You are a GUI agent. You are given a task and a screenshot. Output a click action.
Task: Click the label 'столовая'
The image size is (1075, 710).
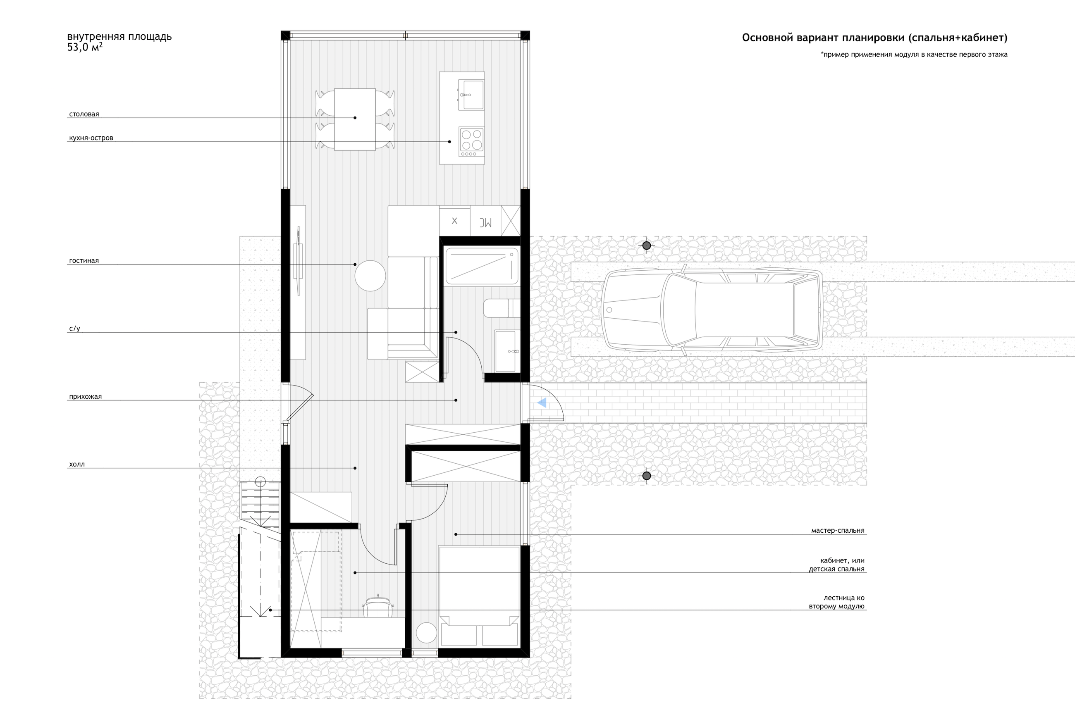(84, 114)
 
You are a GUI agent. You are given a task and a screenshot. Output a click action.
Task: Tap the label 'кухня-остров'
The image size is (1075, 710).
(91, 138)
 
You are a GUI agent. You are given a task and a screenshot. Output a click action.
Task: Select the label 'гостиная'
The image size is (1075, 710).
(84, 261)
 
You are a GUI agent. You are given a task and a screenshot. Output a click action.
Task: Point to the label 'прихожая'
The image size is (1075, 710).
(85, 397)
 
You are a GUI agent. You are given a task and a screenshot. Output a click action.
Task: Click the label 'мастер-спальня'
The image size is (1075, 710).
(838, 531)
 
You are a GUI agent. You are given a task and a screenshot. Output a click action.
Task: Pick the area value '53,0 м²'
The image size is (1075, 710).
(85, 47)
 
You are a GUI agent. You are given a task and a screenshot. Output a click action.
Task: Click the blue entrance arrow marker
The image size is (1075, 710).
(542, 403)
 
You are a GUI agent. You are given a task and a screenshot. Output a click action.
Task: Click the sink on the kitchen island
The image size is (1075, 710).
(471, 95)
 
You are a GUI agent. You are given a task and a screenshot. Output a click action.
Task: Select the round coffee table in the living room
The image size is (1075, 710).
(370, 276)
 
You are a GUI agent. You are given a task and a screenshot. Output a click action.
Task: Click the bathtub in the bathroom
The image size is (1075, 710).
(482, 266)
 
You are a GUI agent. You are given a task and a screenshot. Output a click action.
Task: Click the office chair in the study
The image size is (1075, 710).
(377, 607)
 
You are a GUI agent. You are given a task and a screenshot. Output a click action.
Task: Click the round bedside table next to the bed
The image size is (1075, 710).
(426, 633)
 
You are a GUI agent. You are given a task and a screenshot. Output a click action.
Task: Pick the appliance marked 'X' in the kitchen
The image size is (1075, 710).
(454, 221)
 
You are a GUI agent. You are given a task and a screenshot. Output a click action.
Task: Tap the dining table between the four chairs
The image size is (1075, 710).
(355, 119)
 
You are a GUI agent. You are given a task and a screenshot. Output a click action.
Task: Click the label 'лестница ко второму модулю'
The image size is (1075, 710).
(837, 602)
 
